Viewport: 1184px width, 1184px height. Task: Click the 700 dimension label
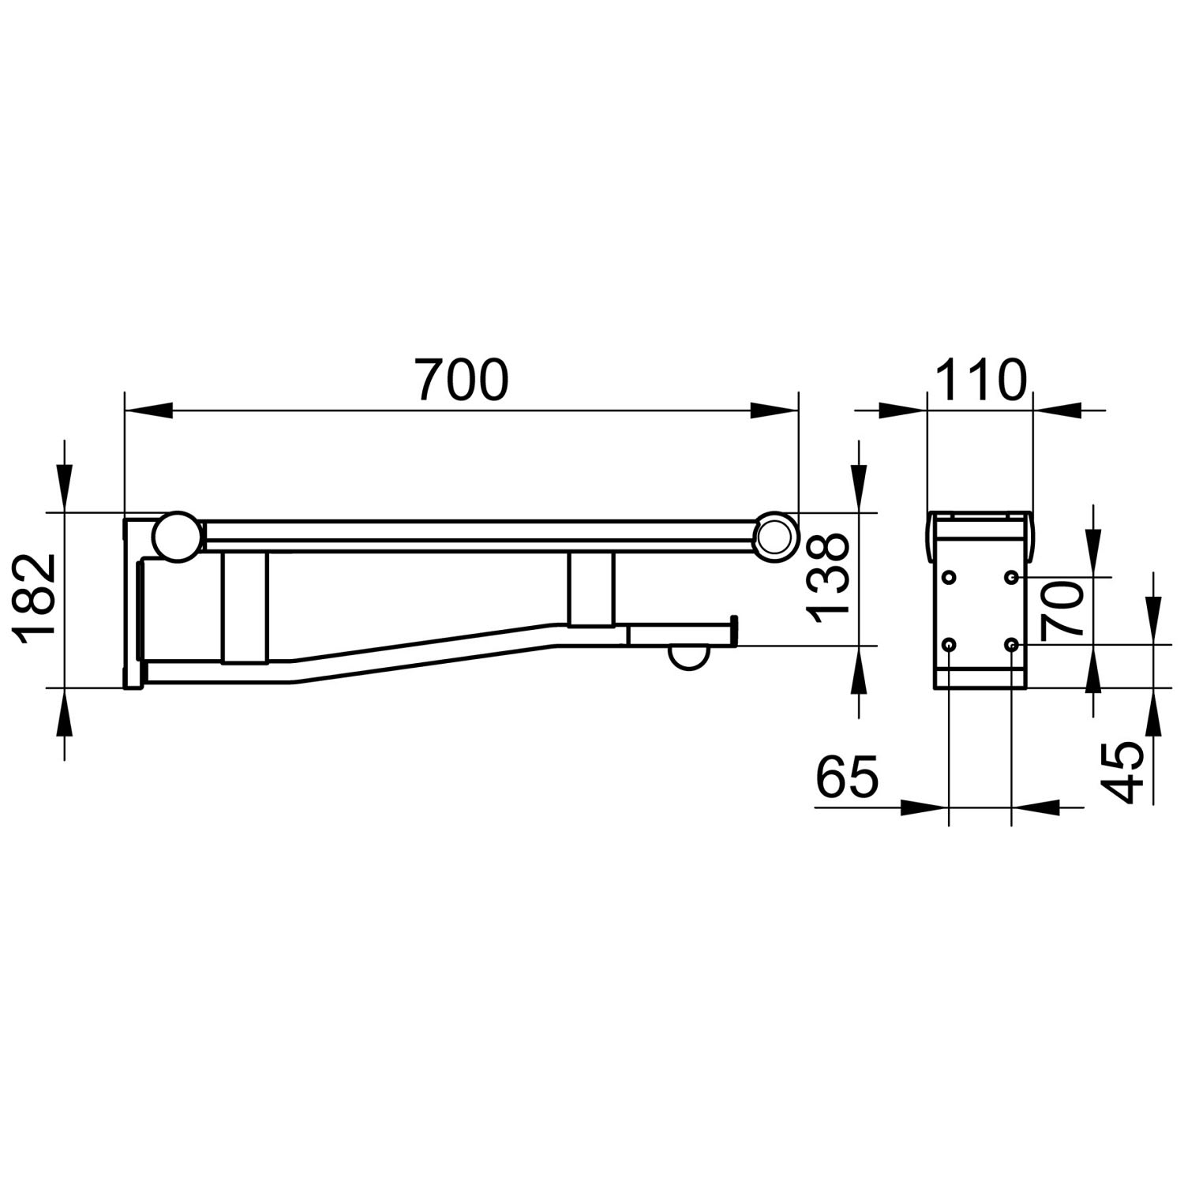(463, 380)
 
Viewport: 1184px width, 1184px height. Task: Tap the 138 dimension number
(826, 579)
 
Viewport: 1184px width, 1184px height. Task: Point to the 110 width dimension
(981, 380)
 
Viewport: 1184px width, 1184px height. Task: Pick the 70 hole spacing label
(1062, 610)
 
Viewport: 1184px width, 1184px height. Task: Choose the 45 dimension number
(1122, 772)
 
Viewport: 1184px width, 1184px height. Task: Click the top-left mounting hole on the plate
(949, 578)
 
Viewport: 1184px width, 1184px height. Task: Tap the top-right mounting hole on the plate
(1011, 578)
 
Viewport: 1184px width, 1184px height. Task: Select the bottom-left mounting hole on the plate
(949, 646)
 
